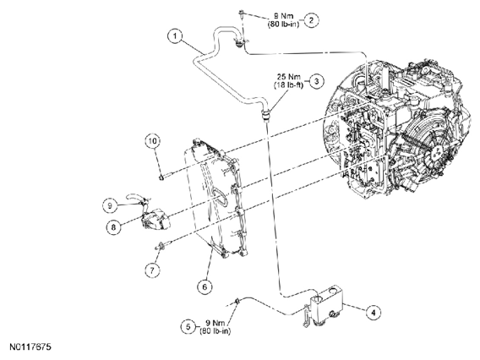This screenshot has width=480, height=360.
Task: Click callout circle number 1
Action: point(175,36)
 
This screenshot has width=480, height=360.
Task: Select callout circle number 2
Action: point(311,20)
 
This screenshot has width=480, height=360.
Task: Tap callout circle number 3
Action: point(317,81)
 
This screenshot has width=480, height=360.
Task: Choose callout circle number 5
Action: point(188,327)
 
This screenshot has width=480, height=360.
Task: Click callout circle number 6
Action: point(205,286)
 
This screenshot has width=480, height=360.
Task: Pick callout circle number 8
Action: point(114,227)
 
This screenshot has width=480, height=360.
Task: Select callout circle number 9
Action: point(110,205)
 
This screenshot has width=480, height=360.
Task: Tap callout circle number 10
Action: point(153,141)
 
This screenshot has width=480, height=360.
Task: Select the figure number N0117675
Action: point(30,346)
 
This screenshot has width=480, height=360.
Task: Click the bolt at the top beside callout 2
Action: point(241,14)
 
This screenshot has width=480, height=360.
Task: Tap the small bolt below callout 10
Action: point(166,176)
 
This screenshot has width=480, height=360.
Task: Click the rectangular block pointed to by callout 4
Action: point(326,304)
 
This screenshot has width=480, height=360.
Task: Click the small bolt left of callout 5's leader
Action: point(237,301)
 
